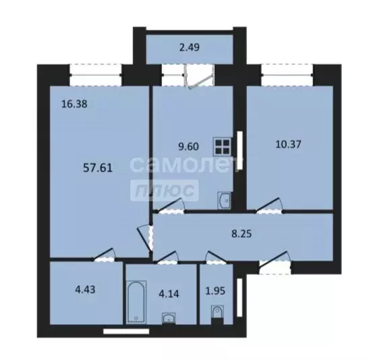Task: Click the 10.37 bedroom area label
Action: click(x=289, y=143)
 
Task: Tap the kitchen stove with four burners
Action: click(x=221, y=147)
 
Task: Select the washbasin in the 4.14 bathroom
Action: click(x=168, y=318)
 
